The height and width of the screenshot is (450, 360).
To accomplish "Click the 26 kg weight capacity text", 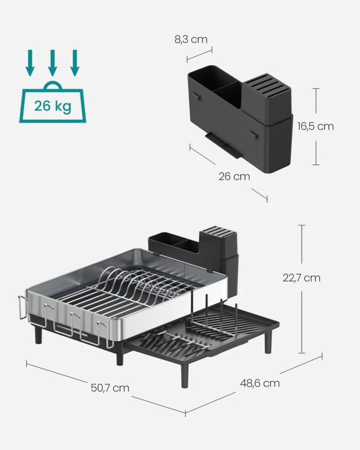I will point(52,106).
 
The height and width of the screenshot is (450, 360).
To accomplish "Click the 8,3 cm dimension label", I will point(191,39).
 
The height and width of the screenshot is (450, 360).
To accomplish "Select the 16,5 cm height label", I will point(315,126).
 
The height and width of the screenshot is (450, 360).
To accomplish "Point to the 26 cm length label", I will point(234,176).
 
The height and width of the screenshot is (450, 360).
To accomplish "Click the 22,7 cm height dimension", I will point(301,278).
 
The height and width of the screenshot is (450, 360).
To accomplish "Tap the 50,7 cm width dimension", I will point(110,388).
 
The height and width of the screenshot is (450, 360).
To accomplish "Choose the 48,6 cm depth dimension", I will point(260,383).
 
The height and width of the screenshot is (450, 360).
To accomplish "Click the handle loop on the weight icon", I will point(52,86).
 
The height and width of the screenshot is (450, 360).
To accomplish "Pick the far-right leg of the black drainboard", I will point(268,341).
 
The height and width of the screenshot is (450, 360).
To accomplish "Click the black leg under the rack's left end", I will point(39,335).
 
